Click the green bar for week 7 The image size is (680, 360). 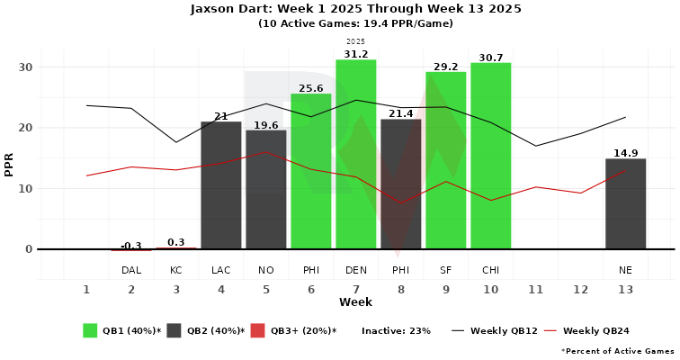tap(355, 154)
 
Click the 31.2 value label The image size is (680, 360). tap(355, 53)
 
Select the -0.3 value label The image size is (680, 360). tap(131, 246)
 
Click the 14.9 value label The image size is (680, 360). tap(625, 152)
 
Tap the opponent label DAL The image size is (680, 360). tap(131, 270)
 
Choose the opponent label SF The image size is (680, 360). tap(445, 270)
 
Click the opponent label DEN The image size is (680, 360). tap(355, 270)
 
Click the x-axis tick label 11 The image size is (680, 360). tap(535, 289)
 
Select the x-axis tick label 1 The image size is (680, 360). tap(86, 289)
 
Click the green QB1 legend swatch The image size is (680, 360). tap(90, 330)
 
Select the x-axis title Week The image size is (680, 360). tap(355, 302)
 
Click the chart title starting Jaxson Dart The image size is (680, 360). tap(355, 9)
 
